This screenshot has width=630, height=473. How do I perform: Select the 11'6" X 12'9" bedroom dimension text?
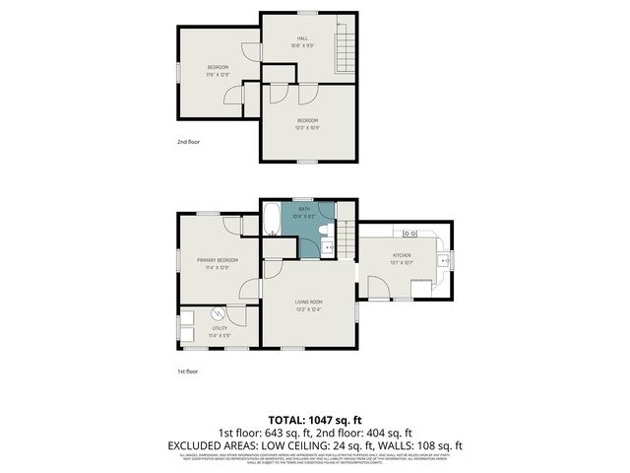pos(218,74)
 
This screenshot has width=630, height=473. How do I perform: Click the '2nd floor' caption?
pos(189,142)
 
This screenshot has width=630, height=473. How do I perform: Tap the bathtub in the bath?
pos(273,226)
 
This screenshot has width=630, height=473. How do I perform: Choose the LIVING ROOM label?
pos(309,303)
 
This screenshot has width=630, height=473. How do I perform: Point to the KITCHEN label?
pos(403,255)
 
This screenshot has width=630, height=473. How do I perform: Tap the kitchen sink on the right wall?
pos(444,260)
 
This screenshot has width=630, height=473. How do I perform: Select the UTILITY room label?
pos(219,329)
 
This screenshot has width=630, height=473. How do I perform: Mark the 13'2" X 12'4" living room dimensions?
pos(309,309)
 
